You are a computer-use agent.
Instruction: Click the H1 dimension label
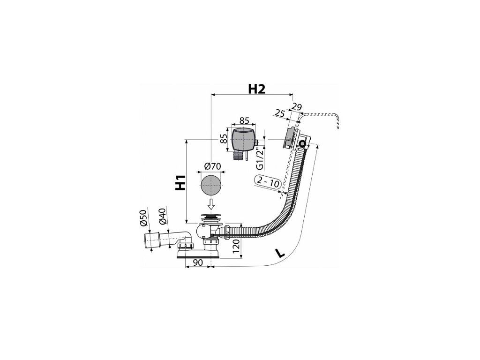tap(179, 183)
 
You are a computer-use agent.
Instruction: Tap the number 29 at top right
tap(296, 107)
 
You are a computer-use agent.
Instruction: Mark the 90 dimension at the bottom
tap(197, 263)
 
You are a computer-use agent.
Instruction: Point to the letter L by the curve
tap(280, 254)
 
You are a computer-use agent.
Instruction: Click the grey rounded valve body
tap(244, 138)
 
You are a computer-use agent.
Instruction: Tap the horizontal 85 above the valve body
tap(243, 120)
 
